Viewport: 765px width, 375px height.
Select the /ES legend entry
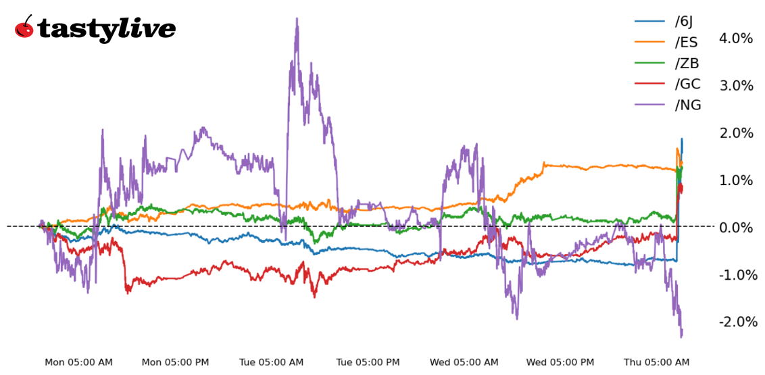[686, 43]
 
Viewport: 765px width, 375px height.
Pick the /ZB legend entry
[687, 64]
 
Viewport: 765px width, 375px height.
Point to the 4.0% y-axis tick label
[736, 39]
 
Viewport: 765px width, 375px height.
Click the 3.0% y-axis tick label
[736, 86]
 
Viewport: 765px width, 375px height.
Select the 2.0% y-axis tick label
[736, 133]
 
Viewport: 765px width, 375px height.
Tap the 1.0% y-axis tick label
[736, 180]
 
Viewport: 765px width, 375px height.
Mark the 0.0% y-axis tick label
[736, 228]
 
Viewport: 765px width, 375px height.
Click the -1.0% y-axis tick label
[735, 275]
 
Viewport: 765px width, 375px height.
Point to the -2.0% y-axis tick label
[735, 322]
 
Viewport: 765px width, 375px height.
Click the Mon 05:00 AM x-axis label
[78, 363]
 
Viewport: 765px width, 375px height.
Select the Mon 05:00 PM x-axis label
[175, 363]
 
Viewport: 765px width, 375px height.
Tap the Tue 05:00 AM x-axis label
[271, 363]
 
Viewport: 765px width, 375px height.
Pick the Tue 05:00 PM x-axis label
[369, 363]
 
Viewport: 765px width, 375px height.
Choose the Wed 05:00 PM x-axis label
[560, 363]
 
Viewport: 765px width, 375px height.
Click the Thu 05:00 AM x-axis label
[656, 363]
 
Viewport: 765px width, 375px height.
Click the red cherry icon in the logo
[24, 28]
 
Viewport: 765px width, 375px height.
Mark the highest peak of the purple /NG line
[297, 20]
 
